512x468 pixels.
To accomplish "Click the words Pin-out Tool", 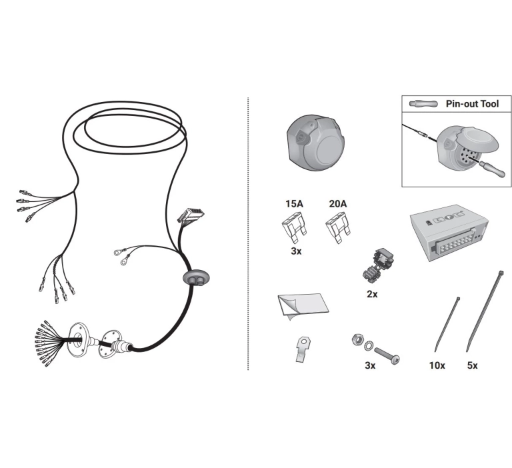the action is (472, 104).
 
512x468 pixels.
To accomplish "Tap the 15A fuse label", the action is (294, 204).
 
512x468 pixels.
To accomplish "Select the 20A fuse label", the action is (337, 204).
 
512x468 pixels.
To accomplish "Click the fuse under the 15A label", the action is (294, 227).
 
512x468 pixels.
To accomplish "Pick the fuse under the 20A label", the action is (338, 227).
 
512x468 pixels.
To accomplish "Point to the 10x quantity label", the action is (437, 365).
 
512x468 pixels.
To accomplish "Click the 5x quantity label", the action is (472, 365).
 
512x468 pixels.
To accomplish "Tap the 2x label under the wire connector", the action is (372, 294).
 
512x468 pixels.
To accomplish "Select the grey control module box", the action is (449, 233).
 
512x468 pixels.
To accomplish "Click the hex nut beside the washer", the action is (358, 340).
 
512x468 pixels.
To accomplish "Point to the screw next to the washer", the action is (387, 355).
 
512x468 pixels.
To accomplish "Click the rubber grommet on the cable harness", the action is (195, 279).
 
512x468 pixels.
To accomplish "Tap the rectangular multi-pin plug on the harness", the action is (191, 215).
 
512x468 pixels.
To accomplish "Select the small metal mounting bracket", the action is (303, 349).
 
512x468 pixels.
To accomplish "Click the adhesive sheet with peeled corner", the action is (303, 306).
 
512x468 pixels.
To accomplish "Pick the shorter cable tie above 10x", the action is (447, 324).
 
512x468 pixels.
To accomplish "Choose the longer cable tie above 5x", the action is (485, 311).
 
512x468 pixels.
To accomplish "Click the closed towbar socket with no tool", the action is (315, 143).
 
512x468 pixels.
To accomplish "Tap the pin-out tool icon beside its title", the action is (423, 104).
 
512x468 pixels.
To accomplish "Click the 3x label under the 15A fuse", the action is (296, 251).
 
